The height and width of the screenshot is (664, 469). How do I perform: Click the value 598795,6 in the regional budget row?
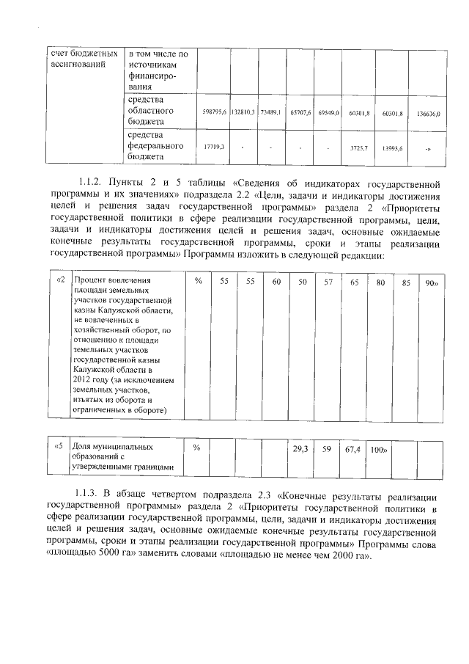pos(214,113)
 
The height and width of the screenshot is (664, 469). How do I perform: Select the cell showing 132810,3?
pos(243,113)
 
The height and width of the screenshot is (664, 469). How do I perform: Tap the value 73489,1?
pos(270,113)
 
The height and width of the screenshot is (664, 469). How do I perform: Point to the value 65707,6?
pos(300,113)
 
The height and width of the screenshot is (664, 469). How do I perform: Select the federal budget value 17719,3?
pos(214,147)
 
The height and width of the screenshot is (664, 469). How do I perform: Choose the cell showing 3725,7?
pos(358,147)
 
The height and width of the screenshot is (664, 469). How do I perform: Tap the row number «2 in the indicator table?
pos(61,280)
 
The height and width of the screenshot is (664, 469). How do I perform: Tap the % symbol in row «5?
pos(196,447)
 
